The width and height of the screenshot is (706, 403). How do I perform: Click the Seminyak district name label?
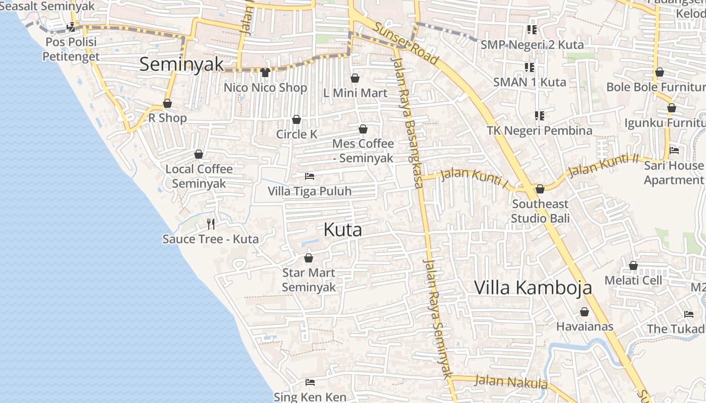click(x=182, y=64)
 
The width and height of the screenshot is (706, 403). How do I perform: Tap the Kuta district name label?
click(x=343, y=230)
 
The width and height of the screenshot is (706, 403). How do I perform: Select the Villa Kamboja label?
click(x=533, y=288)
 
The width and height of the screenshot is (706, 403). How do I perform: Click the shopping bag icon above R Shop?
click(x=167, y=103)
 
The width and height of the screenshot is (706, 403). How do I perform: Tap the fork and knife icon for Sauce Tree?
click(x=211, y=224)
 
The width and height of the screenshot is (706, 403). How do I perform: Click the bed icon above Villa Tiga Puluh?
click(x=310, y=176)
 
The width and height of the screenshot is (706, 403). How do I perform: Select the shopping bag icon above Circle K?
click(x=297, y=119)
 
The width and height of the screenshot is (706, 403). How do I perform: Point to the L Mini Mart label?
click(x=355, y=93)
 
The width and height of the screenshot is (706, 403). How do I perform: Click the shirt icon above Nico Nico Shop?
click(x=265, y=73)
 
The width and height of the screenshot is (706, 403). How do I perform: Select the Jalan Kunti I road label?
click(x=474, y=177)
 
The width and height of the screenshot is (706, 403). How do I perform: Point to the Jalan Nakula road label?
click(x=511, y=382)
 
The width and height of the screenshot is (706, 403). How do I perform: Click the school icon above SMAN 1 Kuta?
click(x=529, y=67)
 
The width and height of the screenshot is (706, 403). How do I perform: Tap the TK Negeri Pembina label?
click(x=539, y=130)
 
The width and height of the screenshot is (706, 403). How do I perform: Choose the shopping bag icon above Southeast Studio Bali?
click(x=540, y=189)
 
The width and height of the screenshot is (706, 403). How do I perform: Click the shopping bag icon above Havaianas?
click(x=584, y=312)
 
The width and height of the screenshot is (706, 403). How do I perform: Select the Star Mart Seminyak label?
click(x=309, y=280)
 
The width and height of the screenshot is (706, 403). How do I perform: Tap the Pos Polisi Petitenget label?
click(x=71, y=49)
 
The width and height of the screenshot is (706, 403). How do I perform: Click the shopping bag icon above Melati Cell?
click(x=633, y=265)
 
